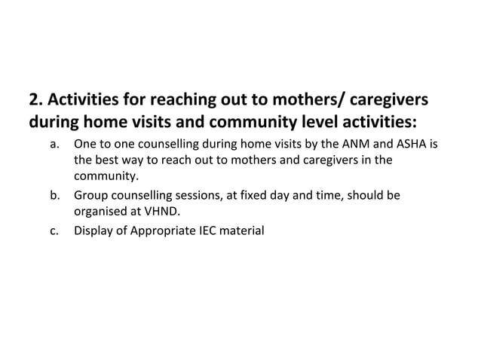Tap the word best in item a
tap(108, 160)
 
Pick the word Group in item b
tap(90, 196)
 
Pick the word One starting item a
tap(85, 144)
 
